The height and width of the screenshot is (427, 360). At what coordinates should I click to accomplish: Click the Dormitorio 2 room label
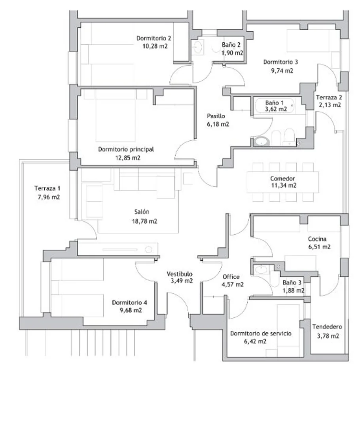click(x=154, y=38)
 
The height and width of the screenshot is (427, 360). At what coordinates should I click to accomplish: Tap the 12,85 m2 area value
click(x=128, y=158)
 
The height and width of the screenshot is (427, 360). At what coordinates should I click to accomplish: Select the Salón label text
click(x=142, y=212)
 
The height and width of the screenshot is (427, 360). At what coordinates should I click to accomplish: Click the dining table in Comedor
click(x=283, y=182)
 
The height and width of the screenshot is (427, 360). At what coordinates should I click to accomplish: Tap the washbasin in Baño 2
click(x=197, y=47)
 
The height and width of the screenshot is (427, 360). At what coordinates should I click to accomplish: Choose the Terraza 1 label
click(x=47, y=188)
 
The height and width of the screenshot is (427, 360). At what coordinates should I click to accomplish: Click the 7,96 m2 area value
click(x=49, y=197)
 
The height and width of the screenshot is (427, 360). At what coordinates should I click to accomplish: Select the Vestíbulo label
click(x=180, y=274)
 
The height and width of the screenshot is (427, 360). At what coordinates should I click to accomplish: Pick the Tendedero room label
click(x=327, y=326)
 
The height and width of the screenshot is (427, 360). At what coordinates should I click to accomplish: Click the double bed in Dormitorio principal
click(x=116, y=116)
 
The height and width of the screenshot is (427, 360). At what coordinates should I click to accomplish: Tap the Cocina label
click(x=317, y=239)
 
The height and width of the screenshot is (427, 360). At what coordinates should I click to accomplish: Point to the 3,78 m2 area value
click(x=328, y=336)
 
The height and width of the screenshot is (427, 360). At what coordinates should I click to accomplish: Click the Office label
click(x=231, y=277)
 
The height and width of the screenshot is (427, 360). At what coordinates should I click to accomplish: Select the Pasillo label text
click(x=216, y=116)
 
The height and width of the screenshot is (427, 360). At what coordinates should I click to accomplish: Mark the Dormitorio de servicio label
click(x=261, y=333)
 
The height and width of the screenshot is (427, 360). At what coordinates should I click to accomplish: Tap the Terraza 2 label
click(x=329, y=97)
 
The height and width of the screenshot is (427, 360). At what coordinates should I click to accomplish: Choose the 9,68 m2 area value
click(x=131, y=310)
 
